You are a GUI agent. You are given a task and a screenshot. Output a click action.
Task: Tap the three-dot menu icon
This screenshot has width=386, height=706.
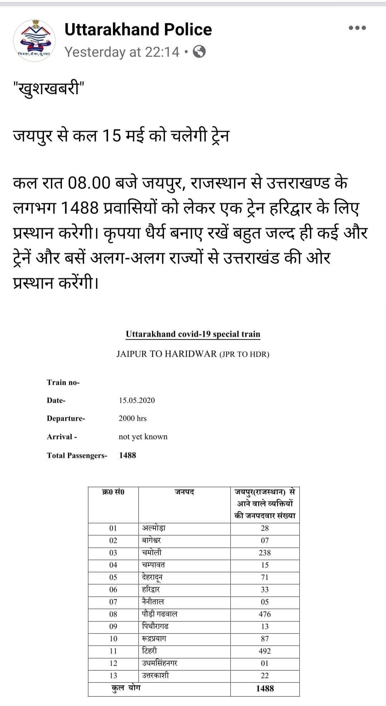coord(357,28)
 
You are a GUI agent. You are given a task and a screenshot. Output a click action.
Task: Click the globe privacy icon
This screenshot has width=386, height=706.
coord(199,52)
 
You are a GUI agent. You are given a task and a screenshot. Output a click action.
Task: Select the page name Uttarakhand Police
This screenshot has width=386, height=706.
coord(138,29)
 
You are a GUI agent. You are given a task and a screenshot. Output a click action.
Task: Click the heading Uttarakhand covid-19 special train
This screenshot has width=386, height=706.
coord(193,334)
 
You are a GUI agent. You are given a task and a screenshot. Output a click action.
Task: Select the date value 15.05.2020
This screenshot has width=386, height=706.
coord(137,400)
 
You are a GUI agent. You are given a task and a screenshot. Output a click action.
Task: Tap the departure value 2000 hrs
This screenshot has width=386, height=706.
coord(132,418)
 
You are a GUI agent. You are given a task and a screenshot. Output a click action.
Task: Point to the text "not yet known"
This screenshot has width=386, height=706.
coord(143,436)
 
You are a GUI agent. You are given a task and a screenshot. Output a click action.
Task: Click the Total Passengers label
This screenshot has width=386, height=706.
coord(77,455)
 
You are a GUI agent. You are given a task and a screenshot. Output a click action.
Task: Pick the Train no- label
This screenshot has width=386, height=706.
coord(63,382)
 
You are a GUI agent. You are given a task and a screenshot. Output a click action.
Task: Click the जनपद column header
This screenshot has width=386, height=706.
coord(184,492)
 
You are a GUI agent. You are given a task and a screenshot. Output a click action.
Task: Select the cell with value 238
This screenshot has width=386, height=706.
coord(265,553)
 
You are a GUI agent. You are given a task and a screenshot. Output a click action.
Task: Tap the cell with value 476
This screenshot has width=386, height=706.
coord(265,614)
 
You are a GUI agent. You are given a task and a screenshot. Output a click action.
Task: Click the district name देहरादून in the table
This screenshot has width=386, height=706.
coord(152,577)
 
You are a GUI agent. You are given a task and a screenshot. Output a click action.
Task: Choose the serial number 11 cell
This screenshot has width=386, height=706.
coord(113,651)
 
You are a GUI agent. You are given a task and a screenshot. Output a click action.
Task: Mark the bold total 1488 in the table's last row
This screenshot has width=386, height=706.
coord(265,688)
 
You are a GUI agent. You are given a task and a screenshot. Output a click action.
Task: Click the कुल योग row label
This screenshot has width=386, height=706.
coord(126,688)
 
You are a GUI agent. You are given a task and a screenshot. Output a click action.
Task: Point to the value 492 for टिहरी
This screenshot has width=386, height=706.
coord(265,651)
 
